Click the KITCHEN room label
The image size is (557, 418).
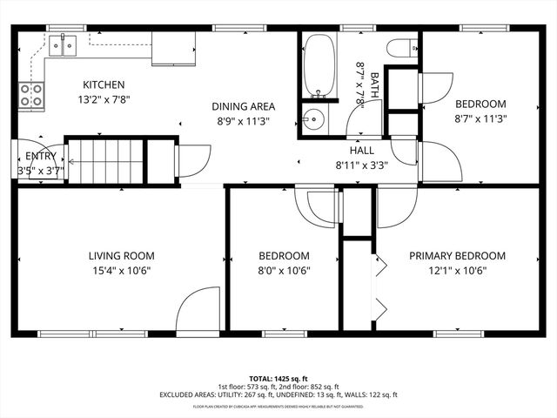pyautogui.click(x=104, y=84)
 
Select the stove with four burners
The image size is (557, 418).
pyautogui.click(x=31, y=96)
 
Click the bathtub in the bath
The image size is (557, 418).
pyautogui.click(x=319, y=65)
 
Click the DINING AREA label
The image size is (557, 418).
pyautogui.click(x=243, y=106)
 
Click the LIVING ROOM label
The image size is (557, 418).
pyautogui.click(x=121, y=256)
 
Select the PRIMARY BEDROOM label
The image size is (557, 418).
pyautogui.click(x=457, y=256)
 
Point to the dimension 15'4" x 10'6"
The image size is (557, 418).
pyautogui.click(x=121, y=270)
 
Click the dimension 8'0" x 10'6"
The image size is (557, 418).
pyautogui.click(x=284, y=270)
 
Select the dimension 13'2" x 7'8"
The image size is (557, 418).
pyautogui.click(x=104, y=99)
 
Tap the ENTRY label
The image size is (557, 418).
pyautogui.click(x=40, y=157)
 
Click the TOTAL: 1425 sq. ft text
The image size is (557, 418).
pyautogui.click(x=278, y=379)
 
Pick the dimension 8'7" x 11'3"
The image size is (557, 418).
pyautogui.click(x=480, y=118)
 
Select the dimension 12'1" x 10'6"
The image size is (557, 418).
pyautogui.click(x=457, y=270)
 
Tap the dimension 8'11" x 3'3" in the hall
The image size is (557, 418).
pyautogui.click(x=361, y=164)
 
